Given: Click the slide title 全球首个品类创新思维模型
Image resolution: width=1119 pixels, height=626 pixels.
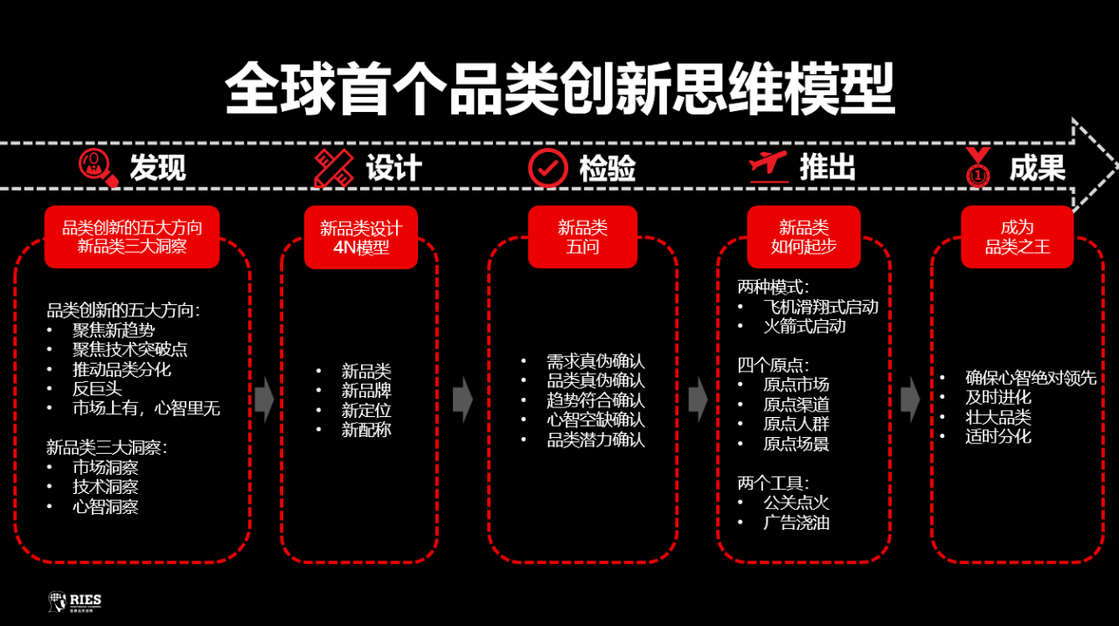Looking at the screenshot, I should coord(559,88).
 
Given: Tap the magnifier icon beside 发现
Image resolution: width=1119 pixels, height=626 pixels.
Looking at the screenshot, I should coord(98,167).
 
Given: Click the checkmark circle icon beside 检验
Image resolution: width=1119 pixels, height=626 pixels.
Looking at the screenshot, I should coord(548,167).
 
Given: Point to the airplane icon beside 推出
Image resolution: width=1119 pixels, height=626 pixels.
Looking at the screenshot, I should coord(768,166).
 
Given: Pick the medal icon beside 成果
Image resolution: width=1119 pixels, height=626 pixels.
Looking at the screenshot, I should coord(979,167).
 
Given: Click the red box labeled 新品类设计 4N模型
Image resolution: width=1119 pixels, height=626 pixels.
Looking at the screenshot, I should coord(361,238).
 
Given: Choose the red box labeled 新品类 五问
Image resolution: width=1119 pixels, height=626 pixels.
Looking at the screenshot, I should coord(582,238).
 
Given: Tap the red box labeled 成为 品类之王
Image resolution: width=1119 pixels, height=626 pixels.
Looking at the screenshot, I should coord(1017,238).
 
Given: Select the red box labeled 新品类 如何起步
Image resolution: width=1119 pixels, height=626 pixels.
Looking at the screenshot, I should coord(803,238).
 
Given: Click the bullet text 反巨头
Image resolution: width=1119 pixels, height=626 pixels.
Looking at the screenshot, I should coord(97,389).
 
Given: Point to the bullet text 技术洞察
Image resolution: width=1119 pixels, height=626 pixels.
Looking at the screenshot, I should coord(105,487).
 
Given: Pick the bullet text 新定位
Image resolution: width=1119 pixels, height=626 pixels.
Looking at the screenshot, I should coord(366,410).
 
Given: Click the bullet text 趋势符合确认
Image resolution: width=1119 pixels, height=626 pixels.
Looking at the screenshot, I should coord(595,400).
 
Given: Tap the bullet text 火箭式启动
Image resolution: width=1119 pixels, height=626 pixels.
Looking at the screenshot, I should coord(804,327).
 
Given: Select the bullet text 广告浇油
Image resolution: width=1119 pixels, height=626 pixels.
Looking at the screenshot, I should coord(796,523).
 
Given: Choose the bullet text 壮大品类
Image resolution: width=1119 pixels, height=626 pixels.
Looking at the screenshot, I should coord(997,416).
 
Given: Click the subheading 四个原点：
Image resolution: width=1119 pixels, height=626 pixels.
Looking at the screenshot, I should coord(774,365).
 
